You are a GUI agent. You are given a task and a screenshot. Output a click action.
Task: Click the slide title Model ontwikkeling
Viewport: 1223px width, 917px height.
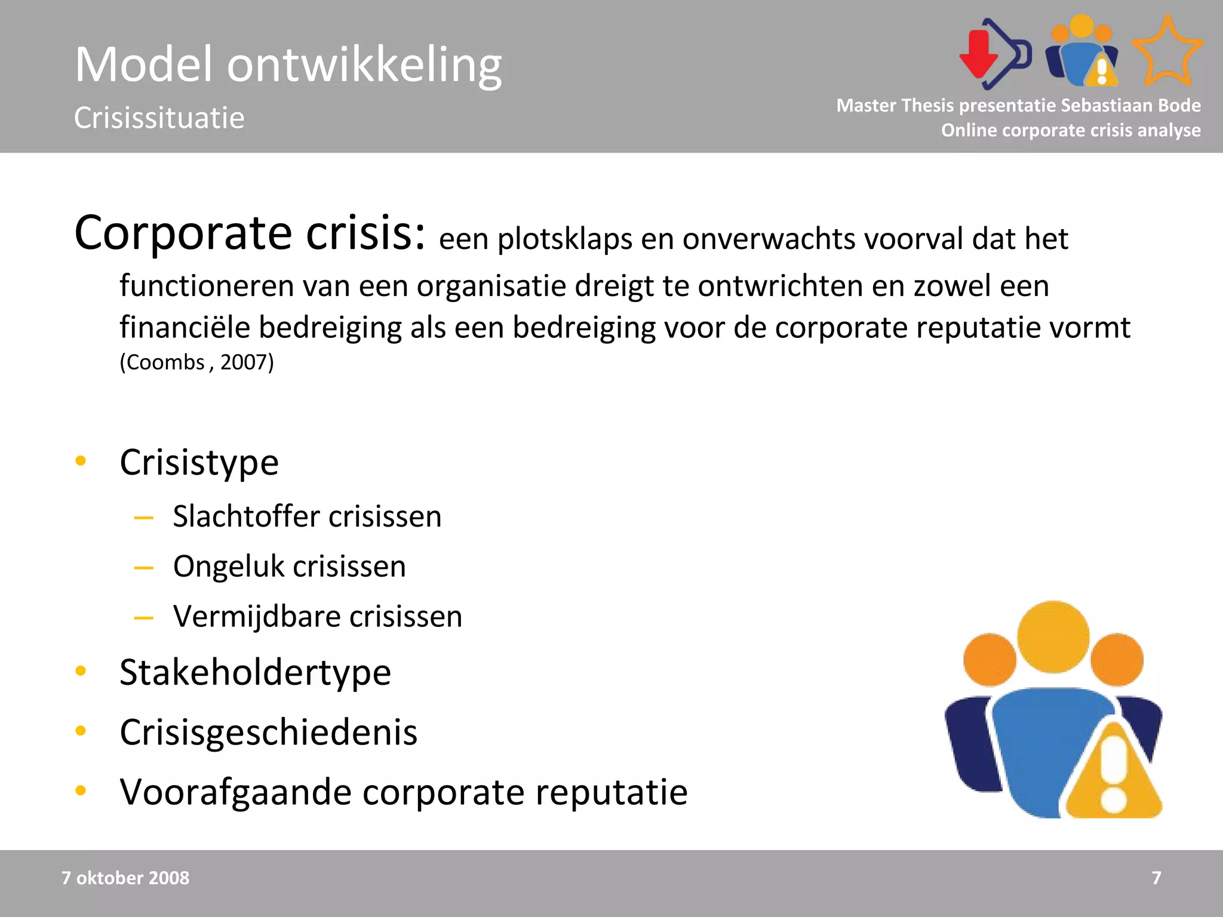pos(288,64)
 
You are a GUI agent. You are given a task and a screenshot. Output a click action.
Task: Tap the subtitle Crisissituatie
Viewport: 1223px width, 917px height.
pos(159,118)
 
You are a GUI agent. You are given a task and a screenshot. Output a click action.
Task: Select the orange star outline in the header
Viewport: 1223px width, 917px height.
pos(1167,53)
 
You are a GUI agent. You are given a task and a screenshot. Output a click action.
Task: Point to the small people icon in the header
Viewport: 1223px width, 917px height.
pos(1081,53)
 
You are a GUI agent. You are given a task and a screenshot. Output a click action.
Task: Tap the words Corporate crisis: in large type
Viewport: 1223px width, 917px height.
pos(250,233)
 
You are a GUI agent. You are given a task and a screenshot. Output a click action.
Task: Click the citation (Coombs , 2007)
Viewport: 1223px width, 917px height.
pos(196,362)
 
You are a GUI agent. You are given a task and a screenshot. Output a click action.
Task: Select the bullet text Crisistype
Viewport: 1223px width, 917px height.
pos(199,462)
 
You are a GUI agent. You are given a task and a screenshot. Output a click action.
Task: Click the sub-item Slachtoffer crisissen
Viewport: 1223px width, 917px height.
pos(307,516)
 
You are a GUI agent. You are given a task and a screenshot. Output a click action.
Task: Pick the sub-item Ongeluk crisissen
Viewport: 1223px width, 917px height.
pos(289,566)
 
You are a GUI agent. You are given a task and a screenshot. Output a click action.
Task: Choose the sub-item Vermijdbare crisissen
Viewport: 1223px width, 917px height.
pos(317,616)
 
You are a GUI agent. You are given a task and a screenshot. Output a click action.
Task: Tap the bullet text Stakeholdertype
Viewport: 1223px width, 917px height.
pos(255,672)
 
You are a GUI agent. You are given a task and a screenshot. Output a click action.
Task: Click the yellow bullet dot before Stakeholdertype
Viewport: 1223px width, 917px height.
pos(81,671)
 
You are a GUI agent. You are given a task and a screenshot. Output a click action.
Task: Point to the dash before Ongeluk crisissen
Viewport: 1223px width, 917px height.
pos(143,567)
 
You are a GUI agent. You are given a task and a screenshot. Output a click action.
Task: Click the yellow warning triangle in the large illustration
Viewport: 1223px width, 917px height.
pos(1113,776)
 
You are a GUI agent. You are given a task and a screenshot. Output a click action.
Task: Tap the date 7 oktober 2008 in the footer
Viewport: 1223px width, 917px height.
pos(125,878)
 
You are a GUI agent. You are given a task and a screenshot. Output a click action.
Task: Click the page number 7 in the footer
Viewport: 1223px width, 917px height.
pos(1156,878)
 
